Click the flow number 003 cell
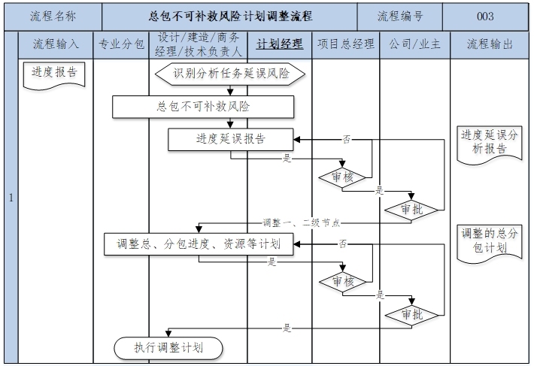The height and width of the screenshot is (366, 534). [485, 16]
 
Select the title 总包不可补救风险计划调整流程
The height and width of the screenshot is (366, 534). [229, 16]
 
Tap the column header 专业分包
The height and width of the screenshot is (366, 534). [122, 44]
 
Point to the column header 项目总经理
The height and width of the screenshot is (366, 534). [345, 44]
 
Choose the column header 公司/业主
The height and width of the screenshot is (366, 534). [414, 44]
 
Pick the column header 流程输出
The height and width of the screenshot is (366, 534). [490, 44]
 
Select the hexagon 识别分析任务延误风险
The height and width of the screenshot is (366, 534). [230, 73]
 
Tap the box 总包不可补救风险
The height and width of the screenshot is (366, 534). [203, 107]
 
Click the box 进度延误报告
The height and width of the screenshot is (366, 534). [230, 139]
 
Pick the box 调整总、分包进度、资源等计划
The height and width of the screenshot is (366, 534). [199, 243]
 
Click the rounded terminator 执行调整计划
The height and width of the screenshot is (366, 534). [168, 348]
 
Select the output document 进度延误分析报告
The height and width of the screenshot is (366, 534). [489, 141]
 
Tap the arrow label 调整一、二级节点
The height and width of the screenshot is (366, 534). [301, 223]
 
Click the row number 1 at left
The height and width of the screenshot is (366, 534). [11, 198]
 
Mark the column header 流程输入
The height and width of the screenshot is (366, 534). [56, 44]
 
